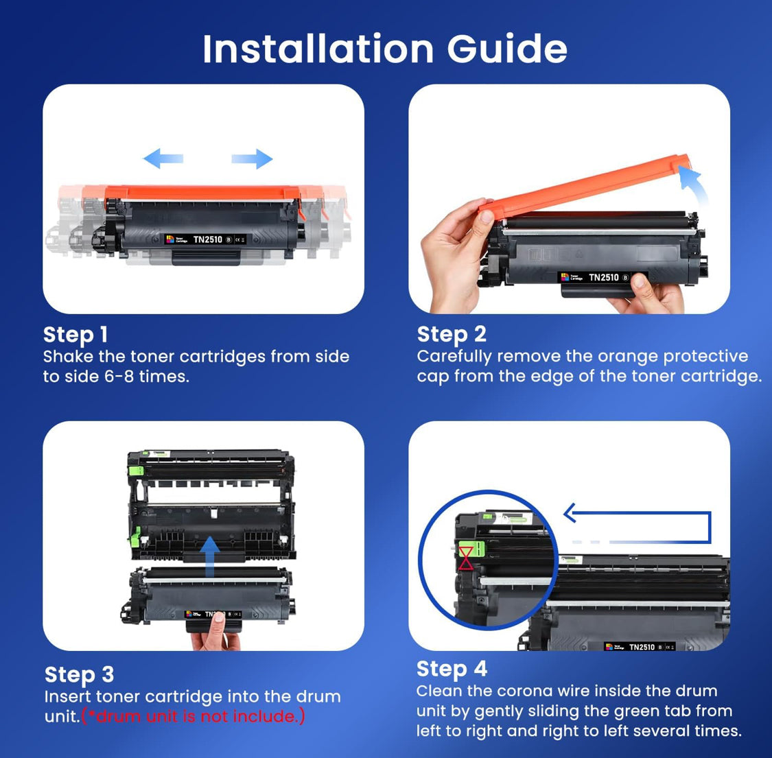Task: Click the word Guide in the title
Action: [507, 49]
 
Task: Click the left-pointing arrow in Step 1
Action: [163, 158]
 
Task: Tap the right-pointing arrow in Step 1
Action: [252, 159]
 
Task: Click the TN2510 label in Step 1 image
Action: [207, 239]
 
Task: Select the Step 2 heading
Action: [452, 334]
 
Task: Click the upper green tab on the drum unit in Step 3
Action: [136, 470]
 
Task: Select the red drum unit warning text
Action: [193, 716]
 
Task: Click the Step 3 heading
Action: [79, 674]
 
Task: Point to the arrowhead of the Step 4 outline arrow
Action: [570, 512]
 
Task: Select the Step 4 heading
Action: [452, 669]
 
